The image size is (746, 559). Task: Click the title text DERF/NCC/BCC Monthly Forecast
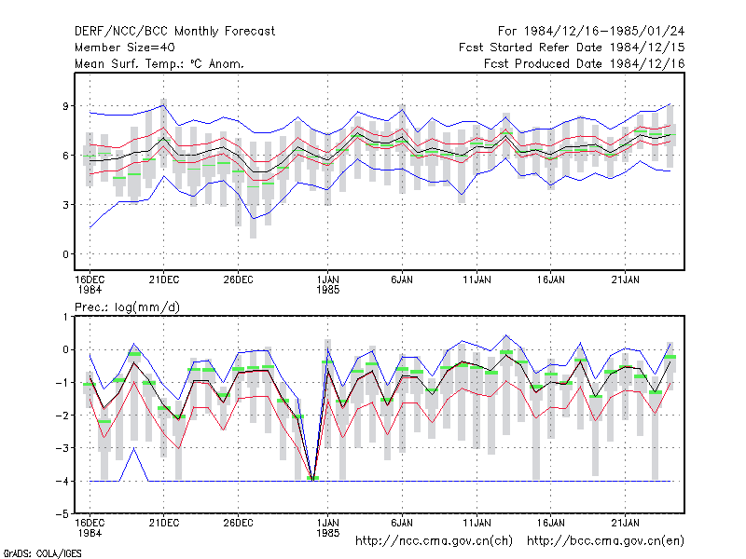click(174, 32)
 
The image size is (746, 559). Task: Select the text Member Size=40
click(125, 48)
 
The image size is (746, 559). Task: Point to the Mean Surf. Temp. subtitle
click(159, 63)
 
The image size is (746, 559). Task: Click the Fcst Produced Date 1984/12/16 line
click(584, 63)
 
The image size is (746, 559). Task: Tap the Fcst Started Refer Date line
click(572, 48)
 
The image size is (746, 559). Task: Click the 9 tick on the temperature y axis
click(65, 106)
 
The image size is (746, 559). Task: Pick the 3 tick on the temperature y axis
click(65, 205)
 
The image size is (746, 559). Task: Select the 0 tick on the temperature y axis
click(65, 254)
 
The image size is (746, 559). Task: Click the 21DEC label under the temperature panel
click(164, 279)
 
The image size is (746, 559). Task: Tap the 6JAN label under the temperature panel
click(402, 279)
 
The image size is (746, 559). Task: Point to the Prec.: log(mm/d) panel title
click(127, 307)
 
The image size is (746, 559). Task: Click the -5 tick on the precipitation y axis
click(62, 514)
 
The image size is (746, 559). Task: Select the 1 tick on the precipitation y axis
click(65, 317)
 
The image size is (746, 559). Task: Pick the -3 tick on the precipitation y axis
click(62, 448)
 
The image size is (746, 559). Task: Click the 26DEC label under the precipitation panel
click(238, 523)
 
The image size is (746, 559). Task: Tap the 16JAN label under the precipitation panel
click(550, 523)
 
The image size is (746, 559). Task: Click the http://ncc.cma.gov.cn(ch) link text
click(434, 541)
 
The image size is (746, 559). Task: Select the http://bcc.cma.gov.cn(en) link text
click(605, 541)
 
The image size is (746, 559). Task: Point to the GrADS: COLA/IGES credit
click(42, 553)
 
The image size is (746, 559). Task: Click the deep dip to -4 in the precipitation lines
click(312, 480)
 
